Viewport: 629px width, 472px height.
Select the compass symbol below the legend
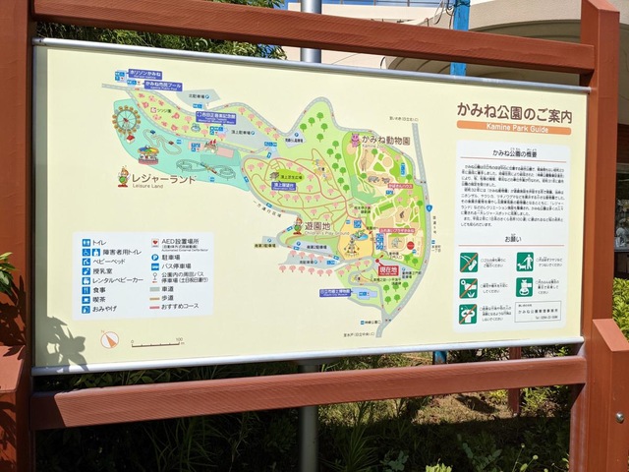(x=109, y=339)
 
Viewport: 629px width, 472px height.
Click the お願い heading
(x=511, y=239)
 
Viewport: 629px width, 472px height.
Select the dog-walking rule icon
(x=525, y=262)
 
